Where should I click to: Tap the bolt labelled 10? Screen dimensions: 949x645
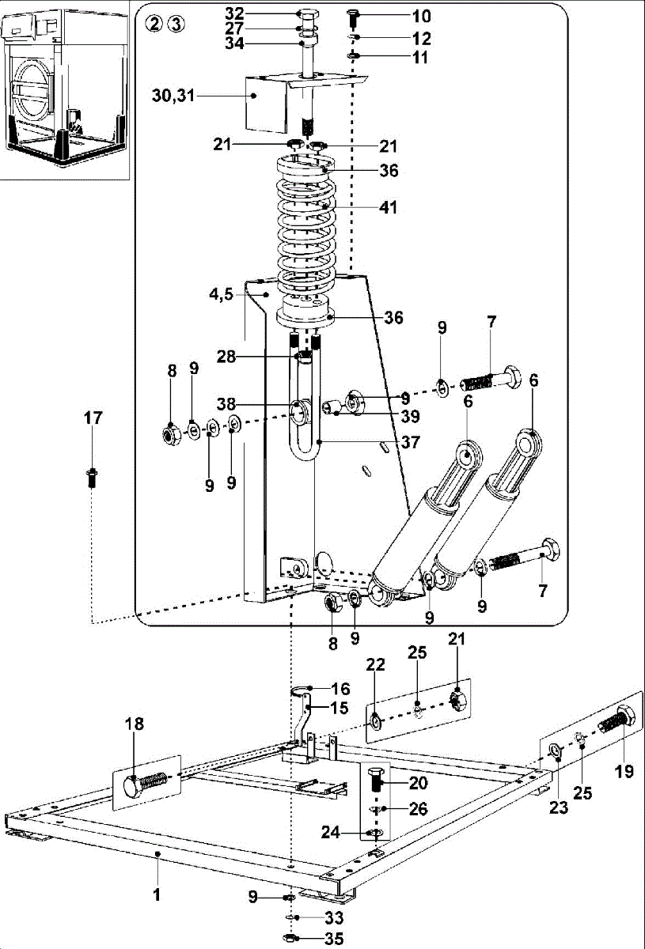354,17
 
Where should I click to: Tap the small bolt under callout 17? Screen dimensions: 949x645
91,476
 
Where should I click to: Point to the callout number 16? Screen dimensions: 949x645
340,690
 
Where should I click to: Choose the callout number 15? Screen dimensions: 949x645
340,708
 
